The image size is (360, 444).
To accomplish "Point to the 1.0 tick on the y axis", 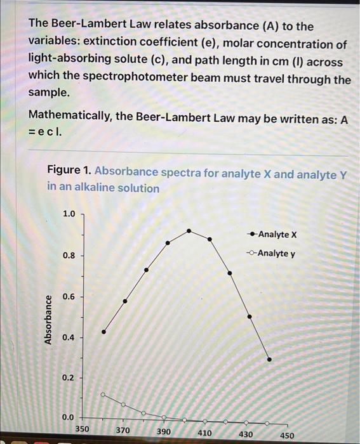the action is click(x=68, y=214).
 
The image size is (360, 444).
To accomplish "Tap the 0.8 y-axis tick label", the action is click(x=68, y=256).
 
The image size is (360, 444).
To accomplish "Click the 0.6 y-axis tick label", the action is click(x=68, y=297).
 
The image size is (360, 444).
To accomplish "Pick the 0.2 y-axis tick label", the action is click(x=68, y=378).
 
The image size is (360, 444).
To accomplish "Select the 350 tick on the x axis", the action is click(x=83, y=429).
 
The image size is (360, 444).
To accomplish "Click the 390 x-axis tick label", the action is click(x=164, y=431).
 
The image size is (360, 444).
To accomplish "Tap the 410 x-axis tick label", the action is click(x=204, y=433).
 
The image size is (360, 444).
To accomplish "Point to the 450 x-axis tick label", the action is click(x=287, y=436).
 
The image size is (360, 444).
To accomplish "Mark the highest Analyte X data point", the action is click(x=189, y=230).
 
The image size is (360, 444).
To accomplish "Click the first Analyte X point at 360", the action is click(x=104, y=332).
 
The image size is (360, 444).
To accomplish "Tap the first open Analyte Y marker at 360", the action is click(x=103, y=394).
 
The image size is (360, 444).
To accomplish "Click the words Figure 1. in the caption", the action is click(x=69, y=171).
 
